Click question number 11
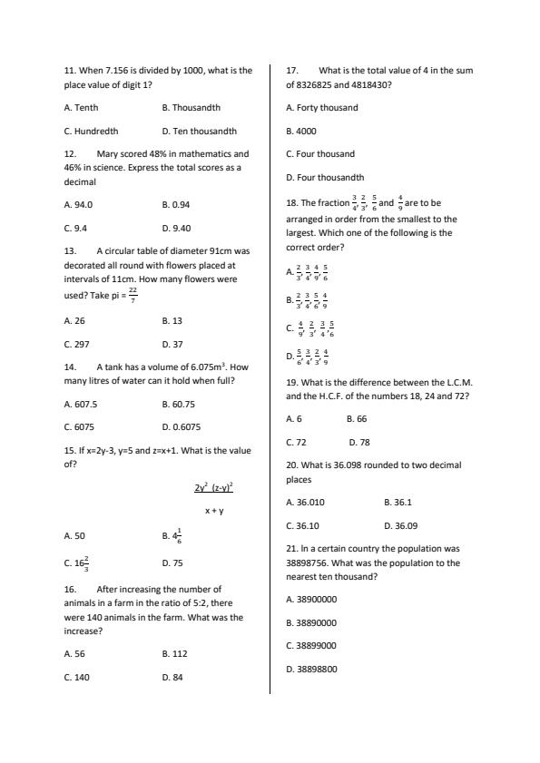pos(70,70)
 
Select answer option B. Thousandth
pos(191,108)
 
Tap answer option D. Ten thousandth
pos(199,132)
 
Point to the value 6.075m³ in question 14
pos(204,367)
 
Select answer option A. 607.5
pos(81,405)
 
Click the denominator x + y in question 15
pos(214,511)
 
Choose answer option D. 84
pos(172,677)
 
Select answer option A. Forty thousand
pos(321,108)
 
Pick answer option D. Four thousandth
pos(324,178)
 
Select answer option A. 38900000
pos(311,600)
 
